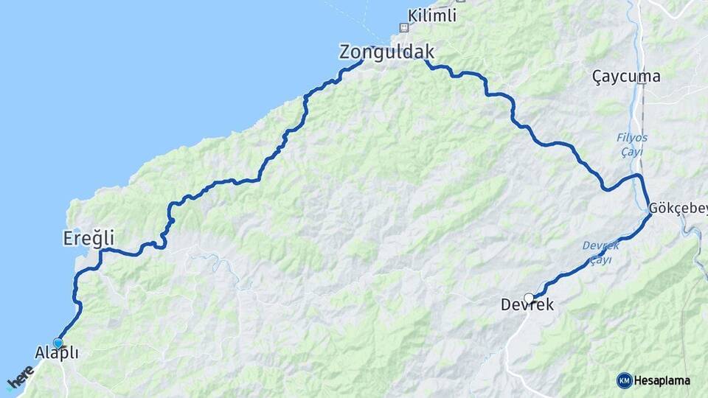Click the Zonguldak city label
(x=386, y=52)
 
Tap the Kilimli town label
(x=433, y=15)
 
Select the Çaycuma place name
(x=626, y=76)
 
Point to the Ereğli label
(x=88, y=238)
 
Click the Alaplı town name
(x=57, y=353)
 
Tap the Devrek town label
(x=527, y=304)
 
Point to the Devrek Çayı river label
(x=600, y=252)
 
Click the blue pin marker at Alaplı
(x=58, y=343)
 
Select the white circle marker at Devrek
(x=529, y=298)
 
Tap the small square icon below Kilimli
(x=403, y=28)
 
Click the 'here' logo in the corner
(x=20, y=377)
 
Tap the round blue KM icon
(x=624, y=380)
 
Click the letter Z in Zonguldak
(x=345, y=52)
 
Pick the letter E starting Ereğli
(x=66, y=238)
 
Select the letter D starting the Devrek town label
(x=506, y=304)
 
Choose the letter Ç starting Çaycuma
(x=597, y=76)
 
